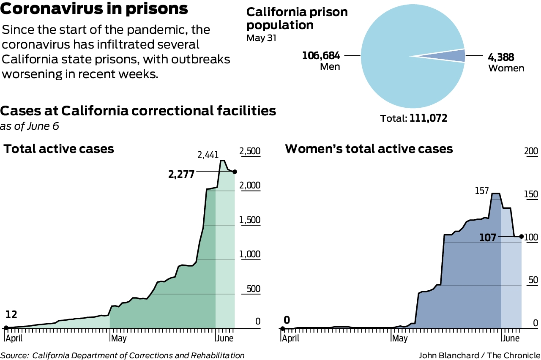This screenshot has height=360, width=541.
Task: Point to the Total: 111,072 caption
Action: (413, 119)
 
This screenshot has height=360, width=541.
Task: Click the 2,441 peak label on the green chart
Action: (209, 155)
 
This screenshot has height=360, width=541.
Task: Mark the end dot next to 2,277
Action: (235, 172)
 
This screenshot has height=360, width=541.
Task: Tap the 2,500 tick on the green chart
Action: (250, 151)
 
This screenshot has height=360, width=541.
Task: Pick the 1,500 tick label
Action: (250, 220)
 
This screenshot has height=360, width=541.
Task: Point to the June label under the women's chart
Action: (511, 338)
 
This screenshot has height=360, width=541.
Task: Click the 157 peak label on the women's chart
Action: (481, 191)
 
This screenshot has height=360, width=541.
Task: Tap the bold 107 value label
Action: (488, 237)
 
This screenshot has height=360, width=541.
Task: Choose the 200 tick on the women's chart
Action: (530, 151)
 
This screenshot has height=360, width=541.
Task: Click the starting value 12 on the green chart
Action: (11, 315)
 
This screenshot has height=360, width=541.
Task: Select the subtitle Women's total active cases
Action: (369, 149)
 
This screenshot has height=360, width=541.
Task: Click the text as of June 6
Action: (30, 126)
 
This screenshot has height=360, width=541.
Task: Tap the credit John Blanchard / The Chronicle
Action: (480, 355)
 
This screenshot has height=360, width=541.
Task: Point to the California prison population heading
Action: (297, 18)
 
